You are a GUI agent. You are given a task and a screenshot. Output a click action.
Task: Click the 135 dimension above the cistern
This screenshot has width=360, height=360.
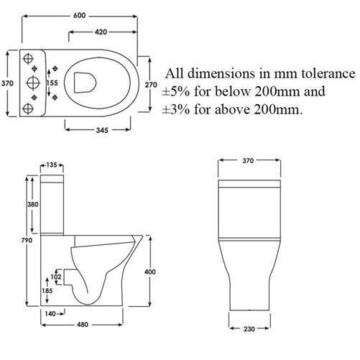51,165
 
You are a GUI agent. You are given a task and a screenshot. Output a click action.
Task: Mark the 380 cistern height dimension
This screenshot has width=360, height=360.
33,203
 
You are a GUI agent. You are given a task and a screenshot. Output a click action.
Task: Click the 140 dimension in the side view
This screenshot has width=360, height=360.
50,313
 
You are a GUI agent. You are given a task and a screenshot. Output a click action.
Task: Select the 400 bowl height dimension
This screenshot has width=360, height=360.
150,271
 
